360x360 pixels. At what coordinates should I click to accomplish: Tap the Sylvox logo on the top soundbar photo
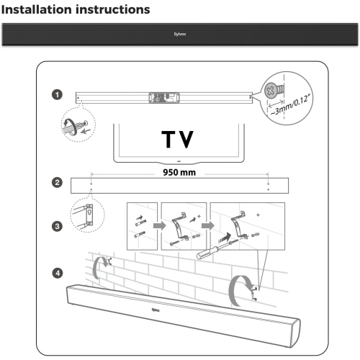tap(179, 33)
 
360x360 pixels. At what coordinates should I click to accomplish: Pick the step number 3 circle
tap(56, 225)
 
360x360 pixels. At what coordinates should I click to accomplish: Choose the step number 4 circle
tap(56, 273)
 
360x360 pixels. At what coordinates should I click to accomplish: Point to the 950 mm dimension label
tap(180, 174)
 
